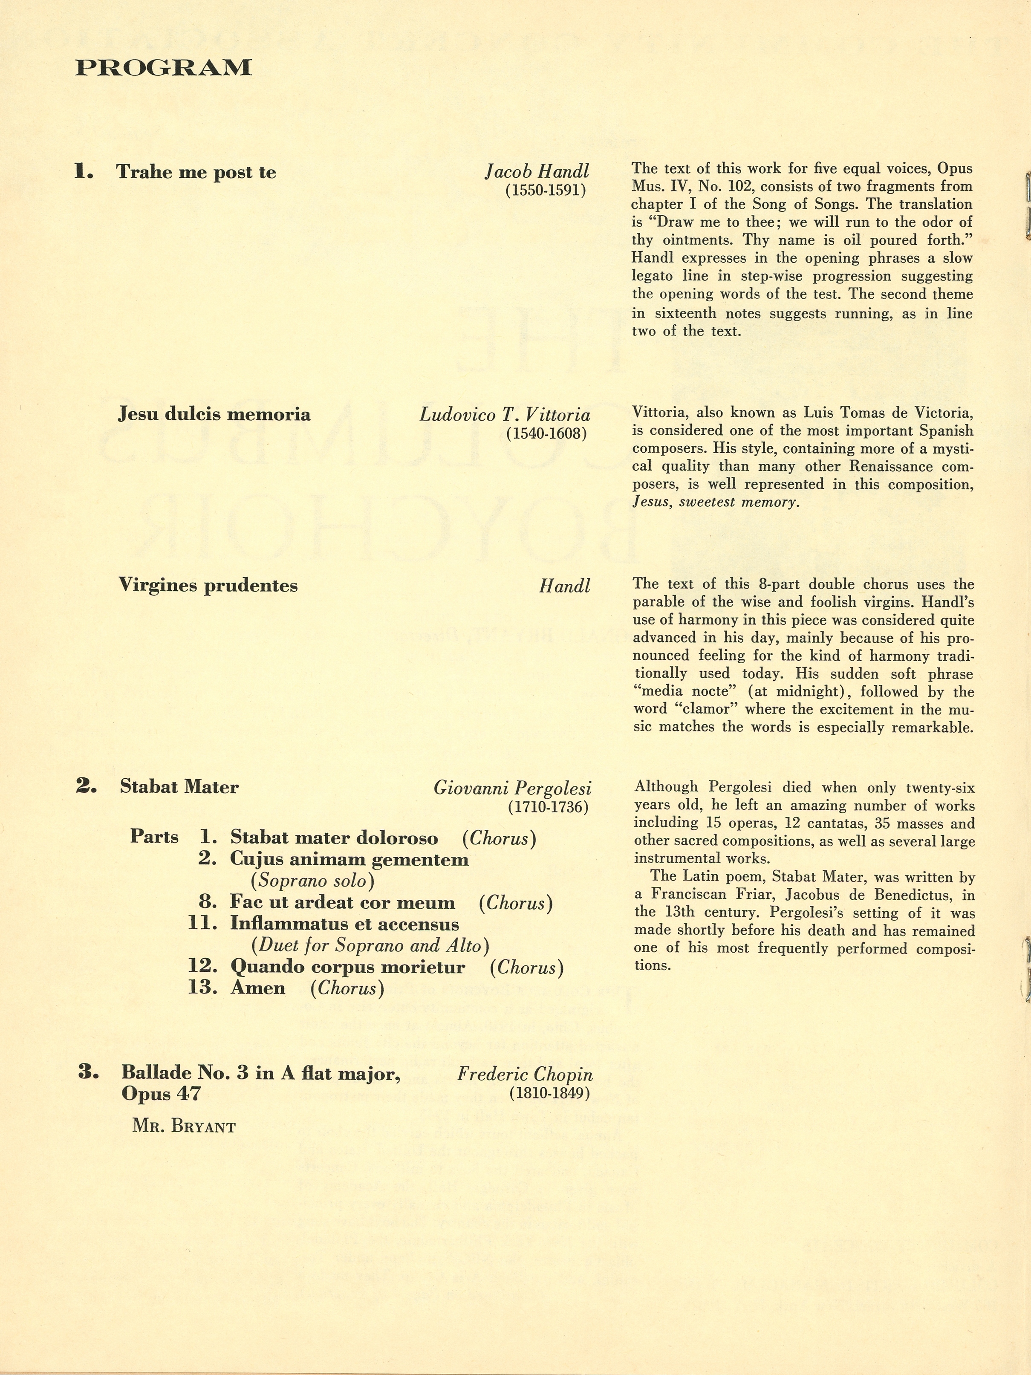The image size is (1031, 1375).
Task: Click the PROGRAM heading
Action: click(163, 68)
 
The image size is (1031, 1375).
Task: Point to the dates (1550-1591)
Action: click(546, 190)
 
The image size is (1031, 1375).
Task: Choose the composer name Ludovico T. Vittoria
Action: click(505, 415)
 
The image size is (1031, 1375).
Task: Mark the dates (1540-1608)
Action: click(546, 433)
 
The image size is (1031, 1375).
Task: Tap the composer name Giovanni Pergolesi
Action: click(512, 788)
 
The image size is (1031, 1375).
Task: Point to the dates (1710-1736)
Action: click(548, 807)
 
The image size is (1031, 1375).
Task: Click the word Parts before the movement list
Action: click(154, 837)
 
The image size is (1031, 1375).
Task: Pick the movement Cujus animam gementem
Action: click(349, 860)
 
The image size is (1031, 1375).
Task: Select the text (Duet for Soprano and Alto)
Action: click(370, 945)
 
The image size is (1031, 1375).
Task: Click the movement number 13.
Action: click(202, 988)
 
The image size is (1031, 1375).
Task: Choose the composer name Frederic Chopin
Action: click(525, 1074)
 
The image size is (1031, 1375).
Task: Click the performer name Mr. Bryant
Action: click(184, 1127)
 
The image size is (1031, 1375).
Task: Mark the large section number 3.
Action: click(88, 1072)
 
